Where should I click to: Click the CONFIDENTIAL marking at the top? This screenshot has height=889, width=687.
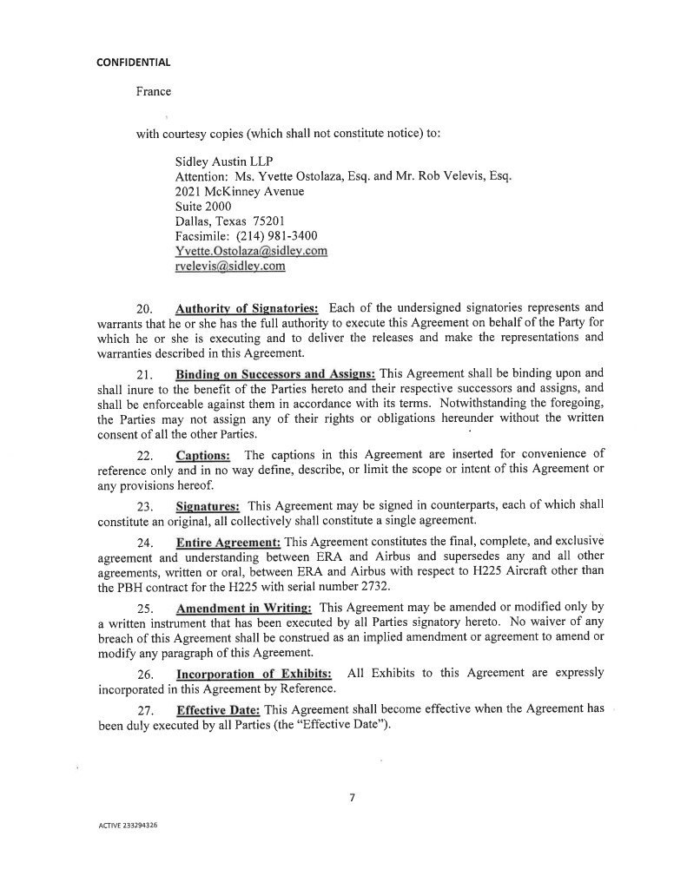[133, 62]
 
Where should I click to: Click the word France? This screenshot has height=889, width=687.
[153, 91]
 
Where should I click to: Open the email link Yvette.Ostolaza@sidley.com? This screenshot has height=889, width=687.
[251, 251]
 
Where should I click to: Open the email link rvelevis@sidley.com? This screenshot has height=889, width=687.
[230, 266]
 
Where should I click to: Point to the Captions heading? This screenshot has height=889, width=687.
[203, 455]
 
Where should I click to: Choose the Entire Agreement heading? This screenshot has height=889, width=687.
[228, 542]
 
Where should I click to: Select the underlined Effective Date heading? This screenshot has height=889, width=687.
[219, 708]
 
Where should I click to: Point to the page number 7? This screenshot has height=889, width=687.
[352, 798]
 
